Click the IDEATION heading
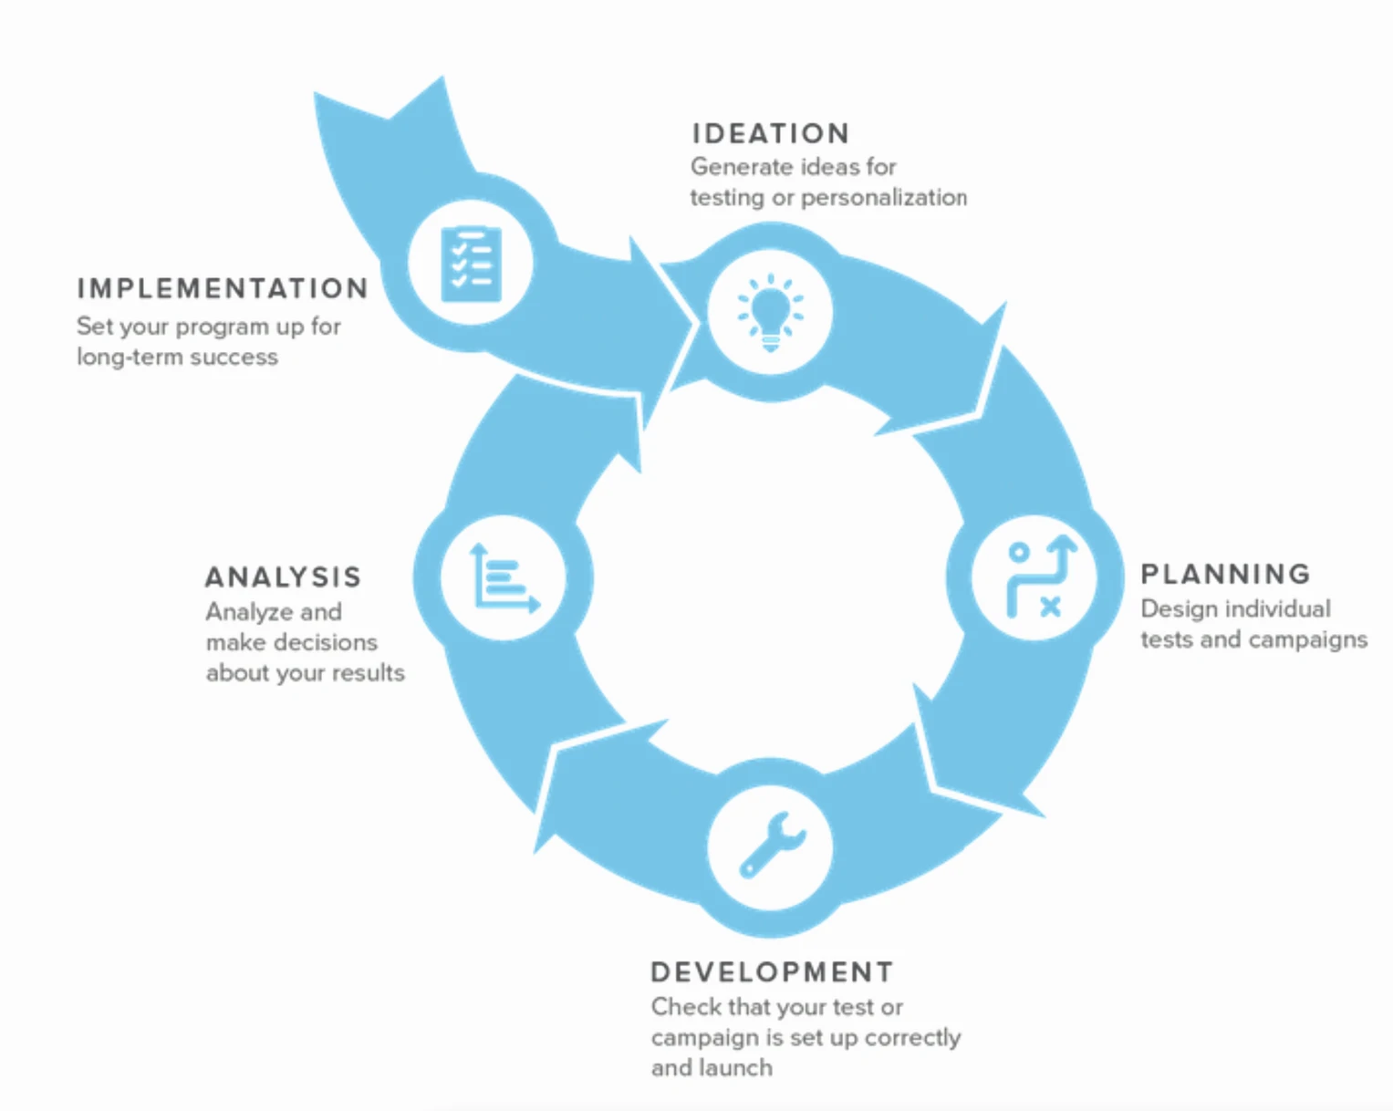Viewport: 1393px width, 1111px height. [x=770, y=134]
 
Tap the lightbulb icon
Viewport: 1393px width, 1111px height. [x=770, y=313]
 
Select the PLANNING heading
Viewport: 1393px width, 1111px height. [x=1225, y=574]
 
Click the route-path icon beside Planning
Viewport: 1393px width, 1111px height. [x=1035, y=577]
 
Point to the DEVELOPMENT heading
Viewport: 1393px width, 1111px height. [x=772, y=972]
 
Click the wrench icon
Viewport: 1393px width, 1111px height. [x=771, y=846]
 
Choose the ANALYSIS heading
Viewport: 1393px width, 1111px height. [x=283, y=577]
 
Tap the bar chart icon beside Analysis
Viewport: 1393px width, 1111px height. [x=503, y=577]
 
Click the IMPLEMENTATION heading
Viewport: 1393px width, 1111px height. [x=223, y=289]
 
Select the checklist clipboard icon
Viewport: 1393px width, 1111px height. [x=471, y=264]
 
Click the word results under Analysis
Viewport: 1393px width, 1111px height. [x=368, y=673]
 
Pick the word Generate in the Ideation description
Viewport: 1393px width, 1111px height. [x=734, y=167]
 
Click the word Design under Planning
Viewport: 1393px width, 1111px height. [x=1173, y=609]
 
